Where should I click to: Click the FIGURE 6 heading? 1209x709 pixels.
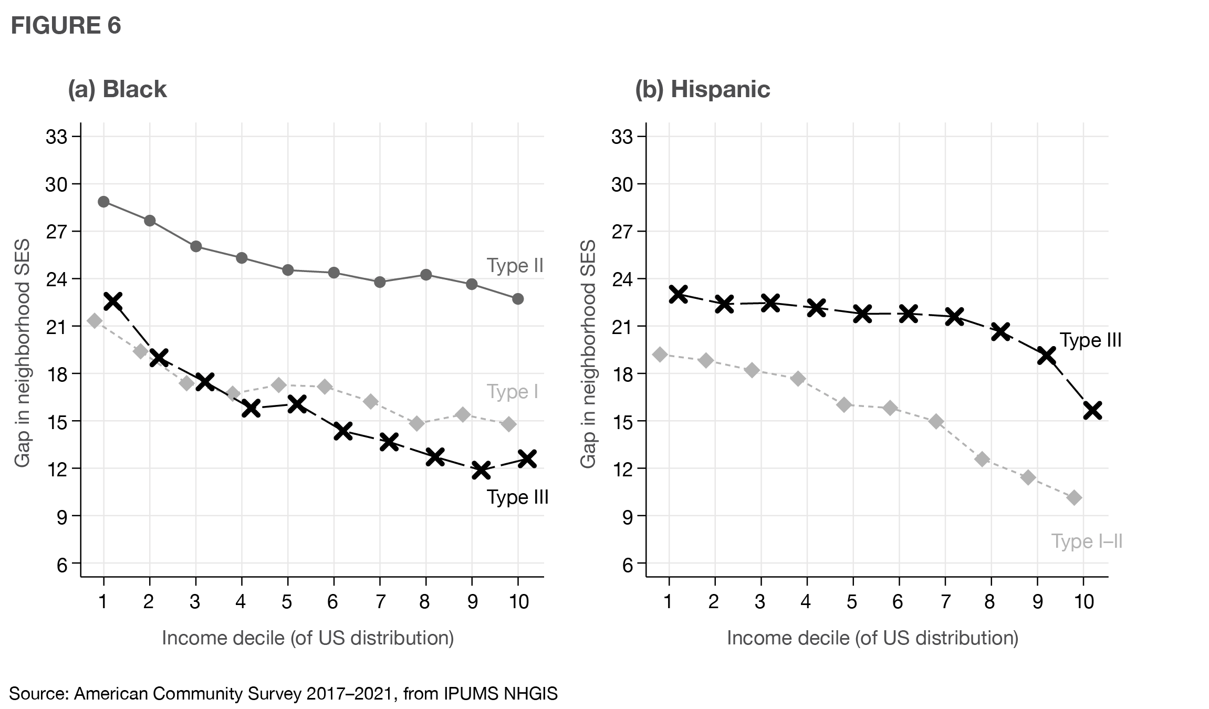[66, 26]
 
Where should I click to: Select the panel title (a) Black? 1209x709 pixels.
[117, 89]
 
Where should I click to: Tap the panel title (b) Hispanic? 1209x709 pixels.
[702, 89]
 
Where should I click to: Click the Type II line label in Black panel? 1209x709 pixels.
[515, 266]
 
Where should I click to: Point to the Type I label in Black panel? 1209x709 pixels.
[512, 392]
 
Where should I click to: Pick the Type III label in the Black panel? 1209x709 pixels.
[517, 497]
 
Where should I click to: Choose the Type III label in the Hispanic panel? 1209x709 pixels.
[1090, 340]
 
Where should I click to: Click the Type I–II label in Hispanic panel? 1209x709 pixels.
[1087, 541]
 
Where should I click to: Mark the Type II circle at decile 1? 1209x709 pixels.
[103, 202]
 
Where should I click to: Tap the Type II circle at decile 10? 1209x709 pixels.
[518, 299]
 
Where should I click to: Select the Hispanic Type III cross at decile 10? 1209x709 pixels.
[1092, 410]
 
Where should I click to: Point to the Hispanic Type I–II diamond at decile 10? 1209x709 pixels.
[1074, 497]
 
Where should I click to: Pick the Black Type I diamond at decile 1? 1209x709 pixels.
[95, 320]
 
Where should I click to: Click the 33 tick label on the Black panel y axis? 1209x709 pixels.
[57, 137]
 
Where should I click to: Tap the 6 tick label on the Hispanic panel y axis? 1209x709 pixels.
[628, 566]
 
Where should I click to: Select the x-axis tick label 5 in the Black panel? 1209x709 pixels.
[287, 601]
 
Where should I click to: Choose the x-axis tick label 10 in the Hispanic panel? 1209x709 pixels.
[1083, 601]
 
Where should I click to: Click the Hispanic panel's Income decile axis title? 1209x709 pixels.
[872, 638]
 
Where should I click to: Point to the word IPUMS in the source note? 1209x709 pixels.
[471, 694]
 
